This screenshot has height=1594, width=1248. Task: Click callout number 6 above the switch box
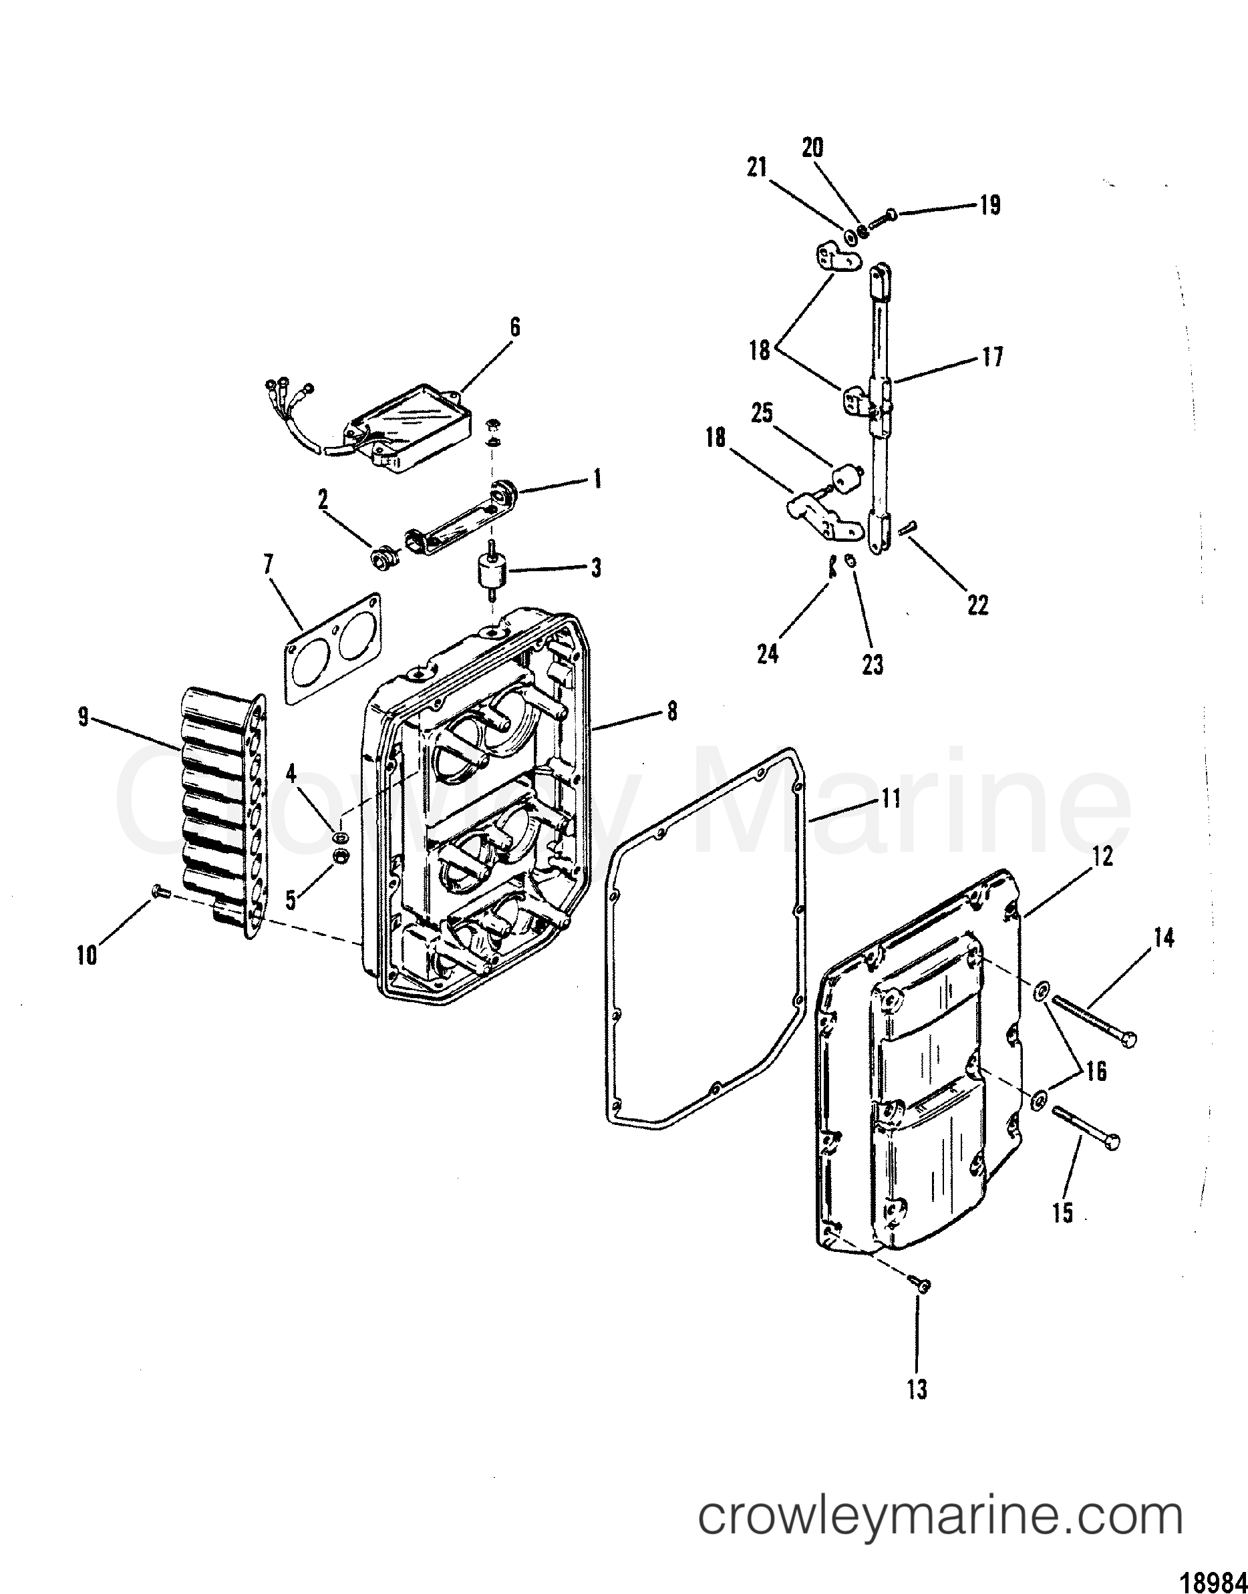[x=514, y=327]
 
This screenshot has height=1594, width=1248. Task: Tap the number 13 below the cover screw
[x=917, y=1389]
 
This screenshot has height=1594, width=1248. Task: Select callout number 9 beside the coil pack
[x=84, y=718]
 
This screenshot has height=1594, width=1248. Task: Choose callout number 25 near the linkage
[x=762, y=414]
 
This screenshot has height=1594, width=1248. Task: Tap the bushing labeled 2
[x=385, y=562]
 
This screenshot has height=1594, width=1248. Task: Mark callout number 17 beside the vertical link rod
[x=993, y=357]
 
